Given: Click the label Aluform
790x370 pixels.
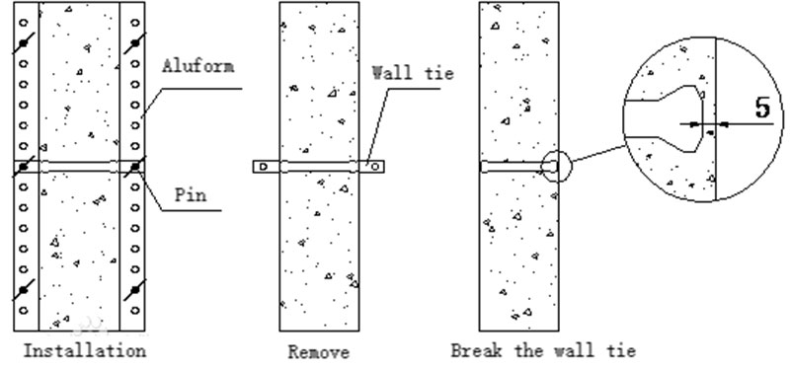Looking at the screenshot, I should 197,69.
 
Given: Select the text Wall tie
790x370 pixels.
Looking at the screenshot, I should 411,73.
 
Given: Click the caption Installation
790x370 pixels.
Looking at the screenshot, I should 84,350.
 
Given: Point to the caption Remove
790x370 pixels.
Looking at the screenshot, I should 318,351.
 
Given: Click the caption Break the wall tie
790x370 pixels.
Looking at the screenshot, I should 542,350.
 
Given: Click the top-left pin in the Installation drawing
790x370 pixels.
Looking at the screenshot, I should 24,44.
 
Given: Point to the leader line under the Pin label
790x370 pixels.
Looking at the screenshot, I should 188,209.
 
